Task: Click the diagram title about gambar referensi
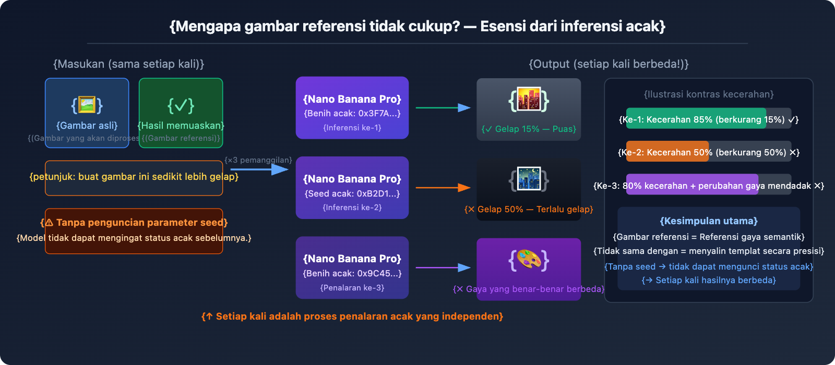(x=417, y=26)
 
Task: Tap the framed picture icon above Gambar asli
(x=87, y=105)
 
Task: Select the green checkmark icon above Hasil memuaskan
(x=181, y=105)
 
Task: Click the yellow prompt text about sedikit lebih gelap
(x=134, y=177)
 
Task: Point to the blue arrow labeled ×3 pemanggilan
(x=259, y=169)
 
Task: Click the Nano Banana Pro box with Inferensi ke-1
(x=352, y=108)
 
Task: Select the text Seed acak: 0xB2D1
(x=352, y=193)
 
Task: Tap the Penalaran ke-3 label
(x=352, y=288)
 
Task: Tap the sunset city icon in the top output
(x=529, y=100)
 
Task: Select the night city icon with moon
(x=529, y=179)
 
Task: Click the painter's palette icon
(x=529, y=260)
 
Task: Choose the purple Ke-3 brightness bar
(x=691, y=185)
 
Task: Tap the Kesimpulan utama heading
(x=708, y=221)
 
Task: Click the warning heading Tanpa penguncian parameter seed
(x=134, y=223)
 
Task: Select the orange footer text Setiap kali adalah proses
(x=352, y=317)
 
